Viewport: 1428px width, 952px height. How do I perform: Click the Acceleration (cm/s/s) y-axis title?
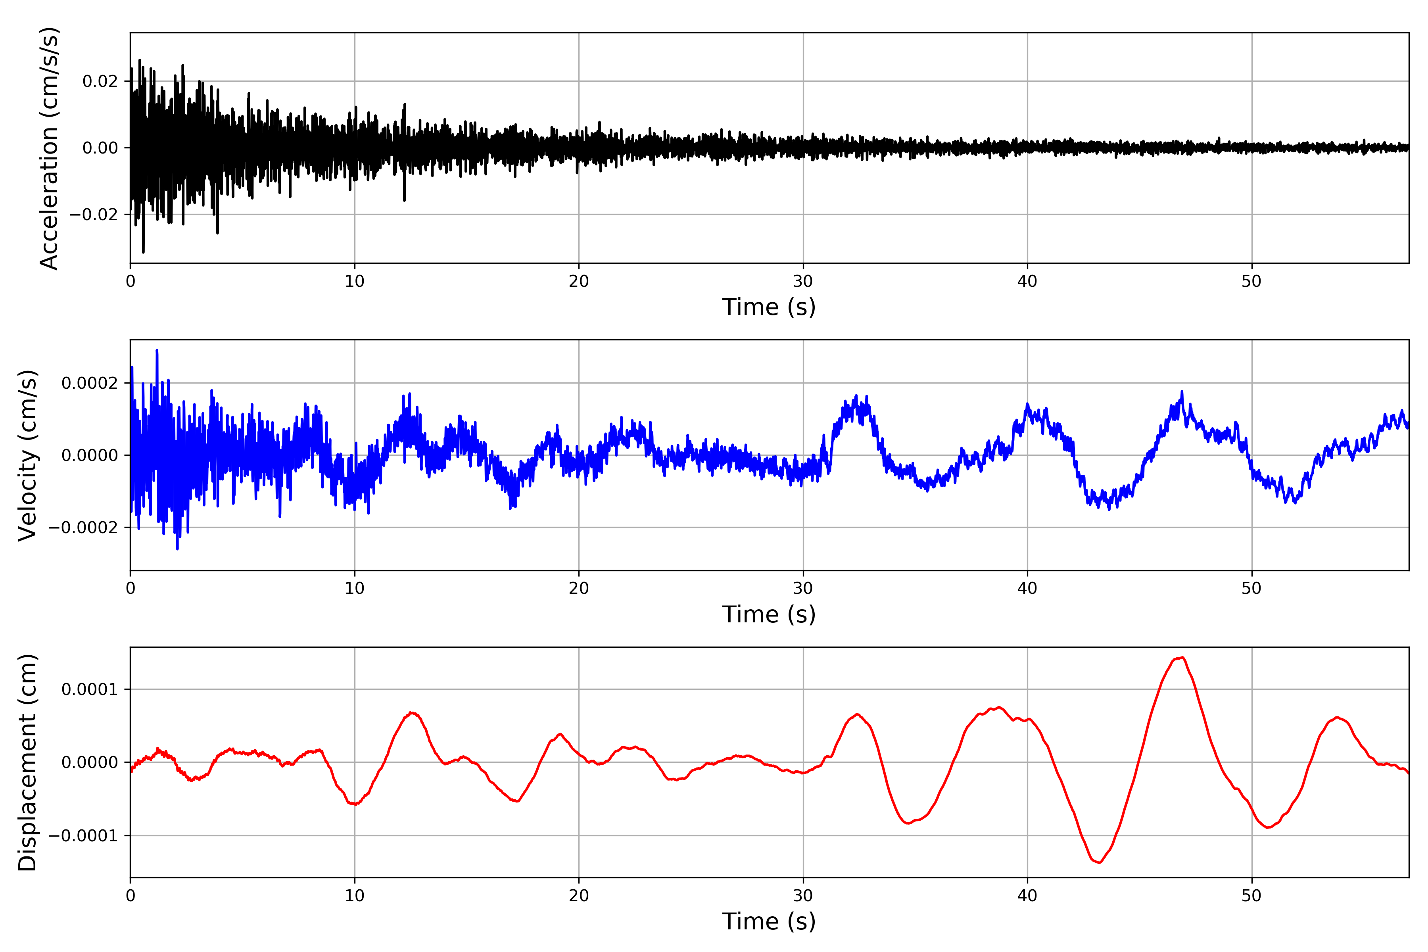[48, 148]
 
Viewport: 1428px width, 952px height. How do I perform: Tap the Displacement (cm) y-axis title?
[27, 762]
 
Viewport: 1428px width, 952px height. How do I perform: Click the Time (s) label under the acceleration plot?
[769, 307]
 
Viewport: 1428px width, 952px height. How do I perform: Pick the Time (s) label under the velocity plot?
[769, 614]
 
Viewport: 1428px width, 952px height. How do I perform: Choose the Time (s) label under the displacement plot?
[769, 921]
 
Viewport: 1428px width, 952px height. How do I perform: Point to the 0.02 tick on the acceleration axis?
[100, 81]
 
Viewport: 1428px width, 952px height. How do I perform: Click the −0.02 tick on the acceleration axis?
[94, 214]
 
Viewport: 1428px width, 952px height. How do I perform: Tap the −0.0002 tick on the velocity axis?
[83, 528]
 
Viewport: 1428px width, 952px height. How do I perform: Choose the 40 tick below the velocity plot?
[1027, 588]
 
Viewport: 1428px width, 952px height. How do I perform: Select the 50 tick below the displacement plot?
[1251, 896]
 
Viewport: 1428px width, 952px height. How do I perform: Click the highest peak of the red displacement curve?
[1182, 658]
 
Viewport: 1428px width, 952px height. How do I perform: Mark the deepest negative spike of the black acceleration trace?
[143, 252]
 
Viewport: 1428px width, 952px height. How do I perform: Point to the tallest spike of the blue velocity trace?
[157, 350]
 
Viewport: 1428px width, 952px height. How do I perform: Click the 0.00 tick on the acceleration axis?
[100, 148]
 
